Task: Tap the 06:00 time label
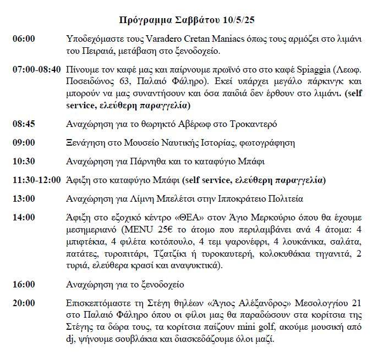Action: [x=24, y=39]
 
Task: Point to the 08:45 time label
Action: [x=24, y=124]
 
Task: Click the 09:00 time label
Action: [x=24, y=142]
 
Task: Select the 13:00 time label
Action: [x=24, y=198]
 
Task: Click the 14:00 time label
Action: [x=24, y=217]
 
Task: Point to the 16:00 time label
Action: [x=24, y=284]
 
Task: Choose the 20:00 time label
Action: [x=24, y=303]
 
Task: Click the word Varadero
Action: [x=166, y=39]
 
